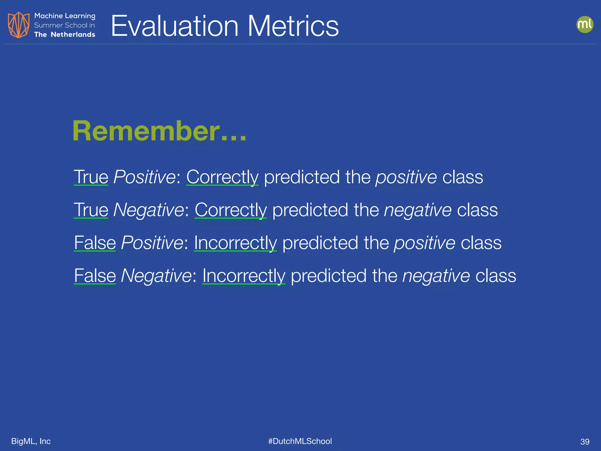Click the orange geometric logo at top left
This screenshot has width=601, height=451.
tap(18, 25)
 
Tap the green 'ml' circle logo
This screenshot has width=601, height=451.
tap(585, 24)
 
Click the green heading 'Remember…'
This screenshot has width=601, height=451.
tap(159, 131)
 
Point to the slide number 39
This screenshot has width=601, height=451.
tap(585, 442)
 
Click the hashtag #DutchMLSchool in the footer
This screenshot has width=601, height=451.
tap(300, 441)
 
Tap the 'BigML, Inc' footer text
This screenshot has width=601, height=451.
tap(31, 441)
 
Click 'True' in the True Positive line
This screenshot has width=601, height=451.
tap(91, 177)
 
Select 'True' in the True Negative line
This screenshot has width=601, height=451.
tap(91, 210)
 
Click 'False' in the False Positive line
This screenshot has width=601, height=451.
tap(95, 243)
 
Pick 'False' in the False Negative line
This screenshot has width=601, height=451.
tap(95, 276)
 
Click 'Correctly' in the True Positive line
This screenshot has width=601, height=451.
tap(222, 177)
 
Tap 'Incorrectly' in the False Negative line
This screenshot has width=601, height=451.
tap(244, 276)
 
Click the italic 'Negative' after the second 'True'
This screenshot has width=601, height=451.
tap(148, 210)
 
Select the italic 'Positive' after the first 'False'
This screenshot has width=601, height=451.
tap(152, 243)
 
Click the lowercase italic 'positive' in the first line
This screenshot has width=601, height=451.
tap(406, 177)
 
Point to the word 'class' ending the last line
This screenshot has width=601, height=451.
tap(496, 276)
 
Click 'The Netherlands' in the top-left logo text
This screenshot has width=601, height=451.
tap(65, 35)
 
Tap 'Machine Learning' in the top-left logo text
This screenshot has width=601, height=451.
tap(65, 16)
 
